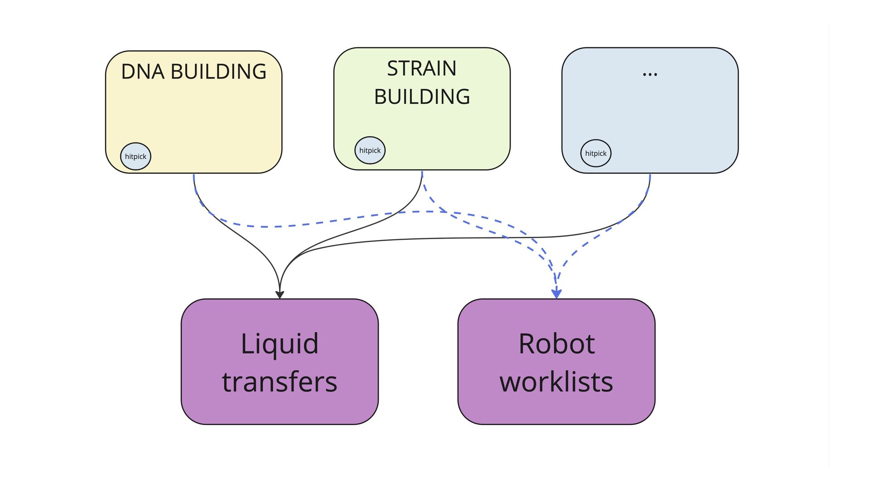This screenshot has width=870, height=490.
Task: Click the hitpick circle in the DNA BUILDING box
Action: [135, 157]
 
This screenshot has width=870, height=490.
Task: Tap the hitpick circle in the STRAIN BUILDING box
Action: [370, 150]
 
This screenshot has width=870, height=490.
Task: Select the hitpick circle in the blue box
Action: [596, 153]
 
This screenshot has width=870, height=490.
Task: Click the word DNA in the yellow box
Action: [143, 72]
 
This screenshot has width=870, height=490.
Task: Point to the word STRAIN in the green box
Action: [422, 69]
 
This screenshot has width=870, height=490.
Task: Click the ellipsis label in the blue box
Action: [650, 74]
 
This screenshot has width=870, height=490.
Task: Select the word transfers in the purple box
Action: [280, 382]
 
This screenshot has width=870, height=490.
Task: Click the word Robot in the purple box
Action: [556, 343]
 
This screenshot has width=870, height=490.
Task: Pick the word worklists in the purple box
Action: [556, 382]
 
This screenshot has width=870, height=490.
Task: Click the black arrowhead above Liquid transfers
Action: [280, 294]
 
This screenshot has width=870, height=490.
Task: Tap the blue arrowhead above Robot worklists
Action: [556, 294]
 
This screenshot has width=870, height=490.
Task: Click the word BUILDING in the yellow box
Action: [218, 72]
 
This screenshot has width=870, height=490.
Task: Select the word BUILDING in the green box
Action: [422, 97]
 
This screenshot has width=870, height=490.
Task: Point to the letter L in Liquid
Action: [247, 343]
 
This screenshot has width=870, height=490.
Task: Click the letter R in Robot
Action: [527, 343]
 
